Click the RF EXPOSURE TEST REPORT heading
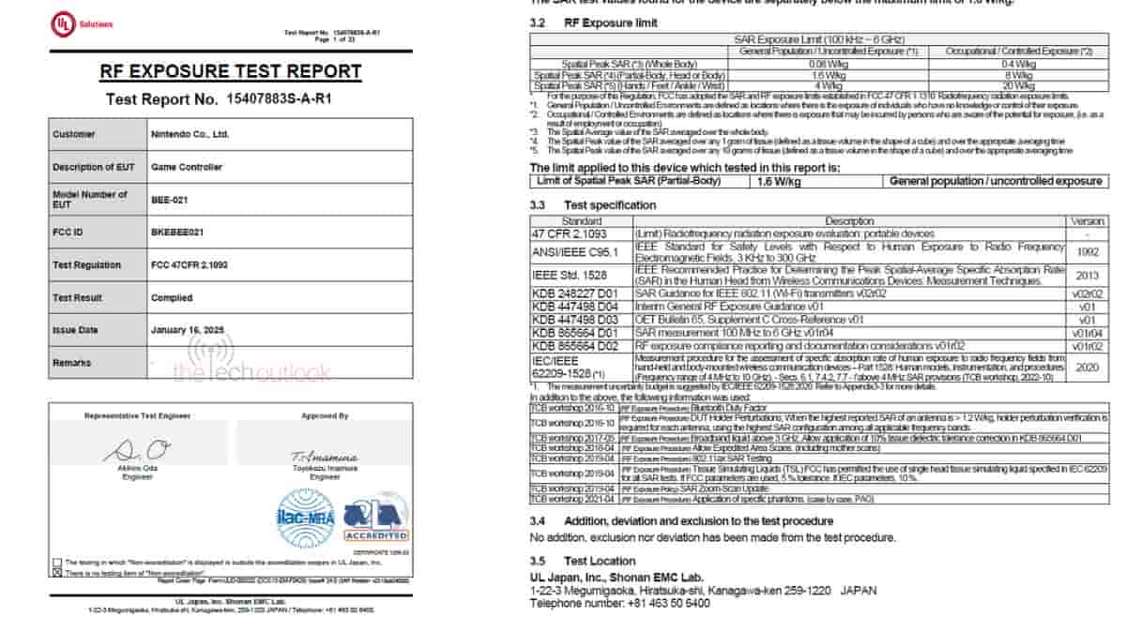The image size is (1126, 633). [230, 71]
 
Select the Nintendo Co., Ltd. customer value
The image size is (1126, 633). [190, 134]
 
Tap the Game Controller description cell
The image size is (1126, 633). [187, 167]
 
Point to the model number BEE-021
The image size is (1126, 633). [165, 200]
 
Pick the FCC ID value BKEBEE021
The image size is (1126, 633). [176, 233]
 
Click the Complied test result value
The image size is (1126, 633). [172, 297]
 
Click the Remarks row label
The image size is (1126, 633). [72, 363]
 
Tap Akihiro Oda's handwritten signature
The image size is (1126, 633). [135, 452]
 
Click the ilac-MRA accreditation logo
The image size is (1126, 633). [304, 518]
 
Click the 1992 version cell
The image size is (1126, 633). [1088, 250]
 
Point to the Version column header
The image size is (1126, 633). [1088, 221]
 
